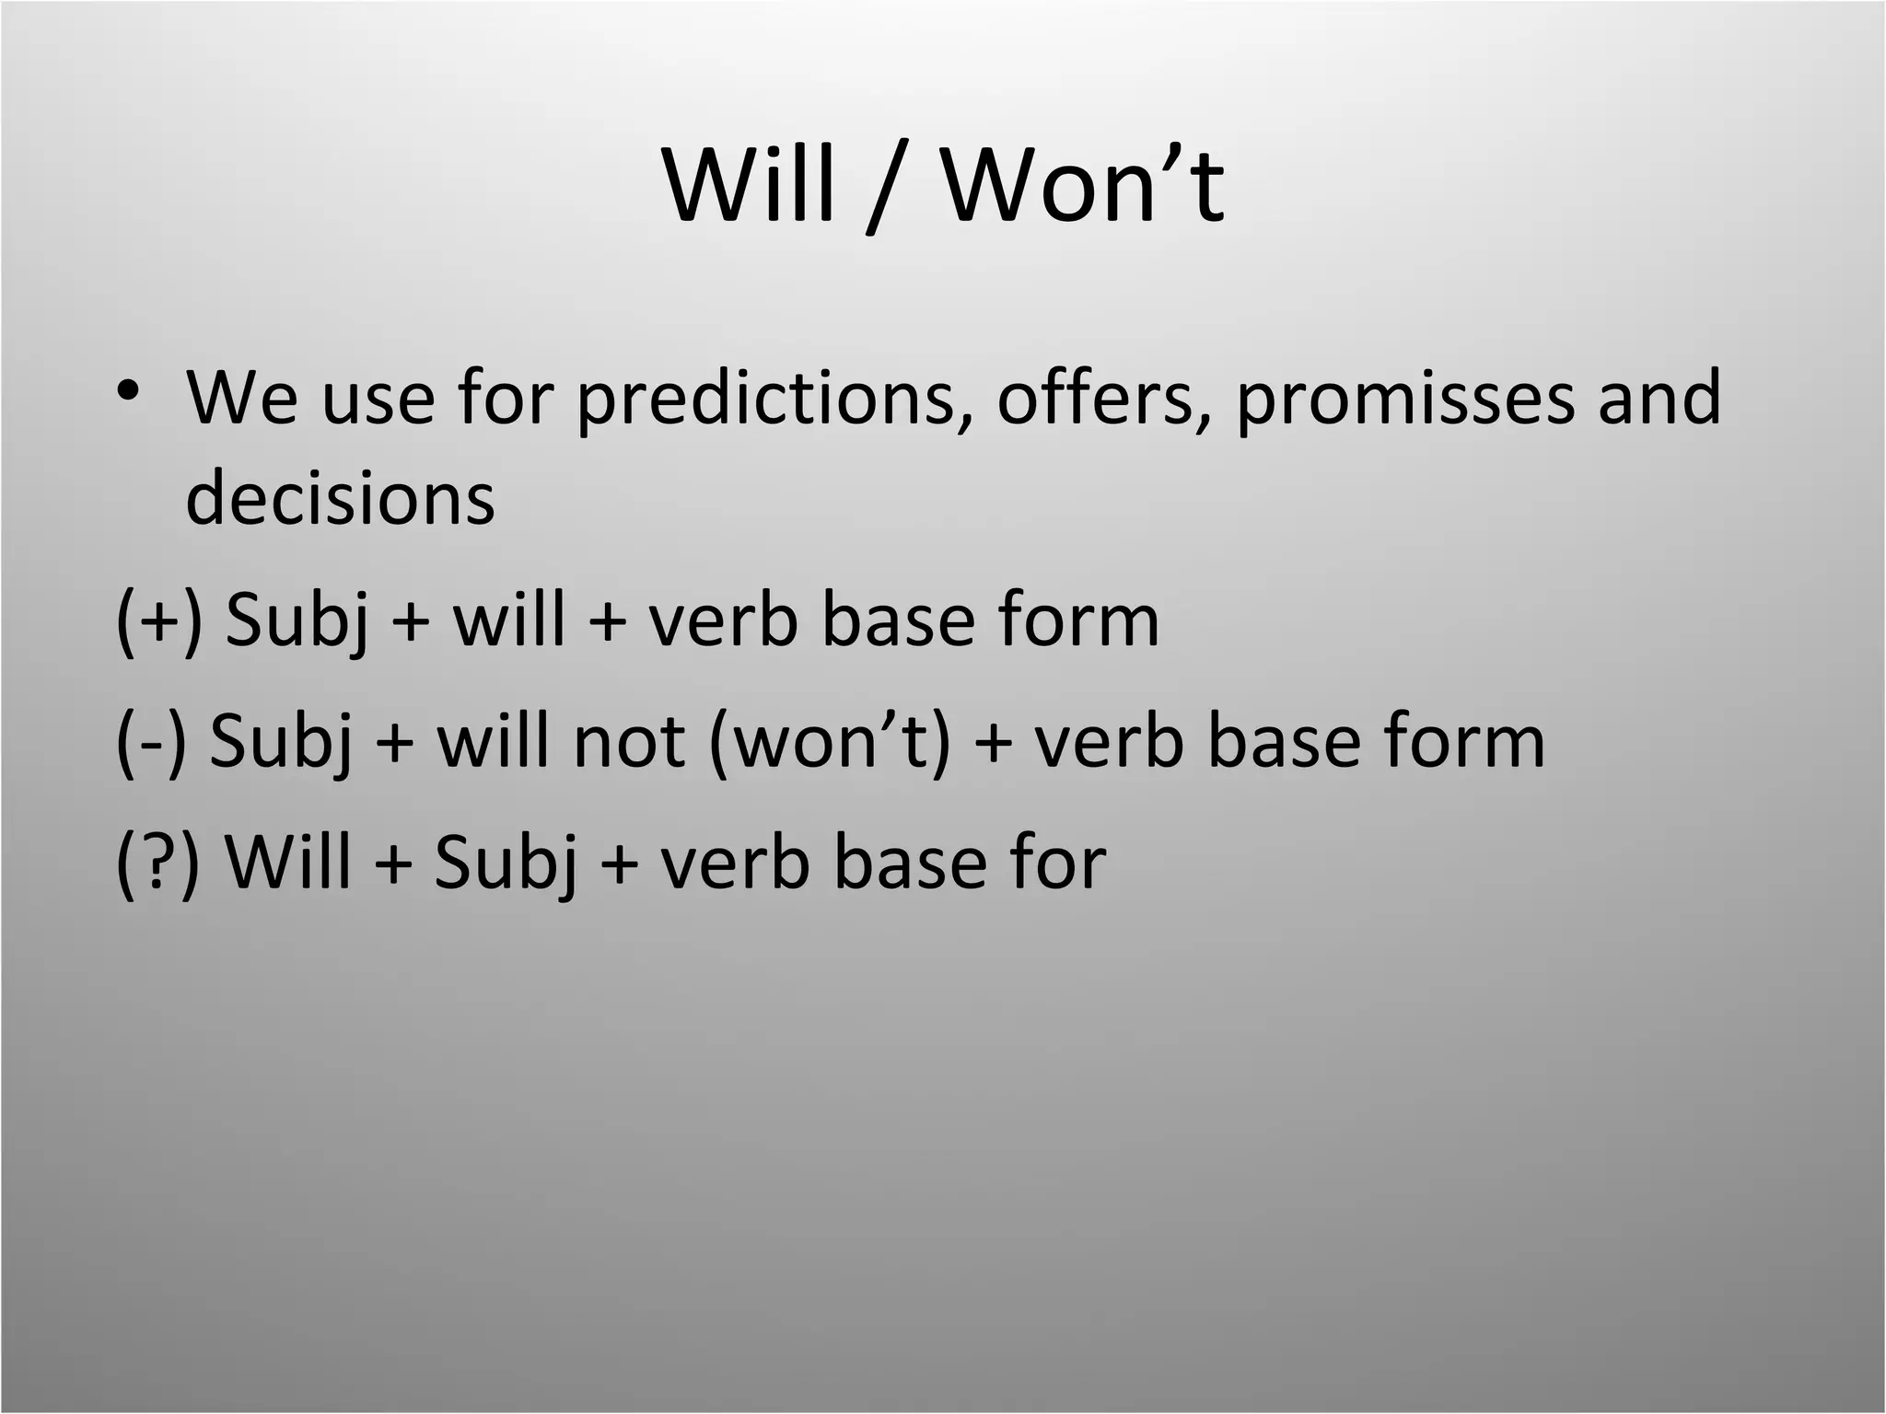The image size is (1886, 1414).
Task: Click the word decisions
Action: coord(340,498)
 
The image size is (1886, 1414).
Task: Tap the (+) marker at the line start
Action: coord(158,620)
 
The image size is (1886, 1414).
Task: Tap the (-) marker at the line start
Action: coord(151,742)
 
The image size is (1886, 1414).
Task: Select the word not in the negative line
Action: coord(628,742)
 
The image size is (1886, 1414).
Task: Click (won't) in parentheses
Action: coord(830,742)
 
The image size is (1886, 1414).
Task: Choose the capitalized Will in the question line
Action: coord(288,863)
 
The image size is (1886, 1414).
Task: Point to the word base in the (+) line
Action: coord(898,620)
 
